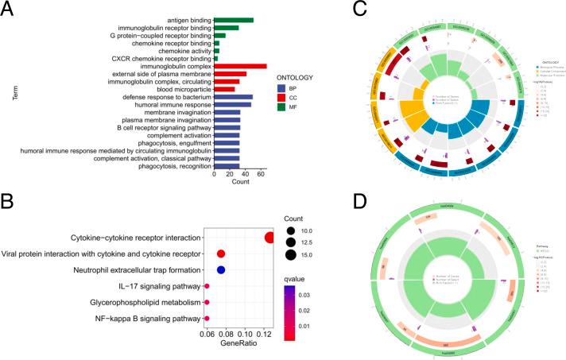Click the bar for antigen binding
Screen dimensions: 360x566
[233, 20]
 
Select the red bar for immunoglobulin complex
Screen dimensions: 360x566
[239, 66]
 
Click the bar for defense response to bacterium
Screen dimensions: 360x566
[232, 97]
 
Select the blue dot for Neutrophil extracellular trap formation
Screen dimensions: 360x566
[222, 270]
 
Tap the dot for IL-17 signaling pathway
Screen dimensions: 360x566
[207, 286]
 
